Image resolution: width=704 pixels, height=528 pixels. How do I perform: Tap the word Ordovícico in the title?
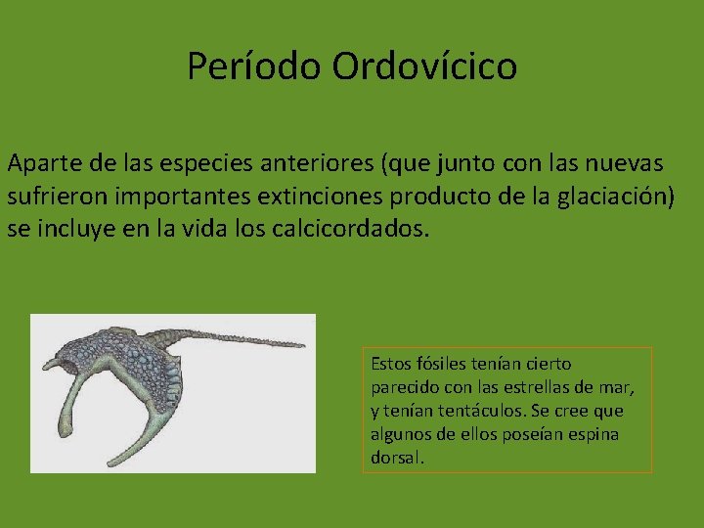[424, 66]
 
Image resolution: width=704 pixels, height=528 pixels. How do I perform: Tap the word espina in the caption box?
[596, 434]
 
